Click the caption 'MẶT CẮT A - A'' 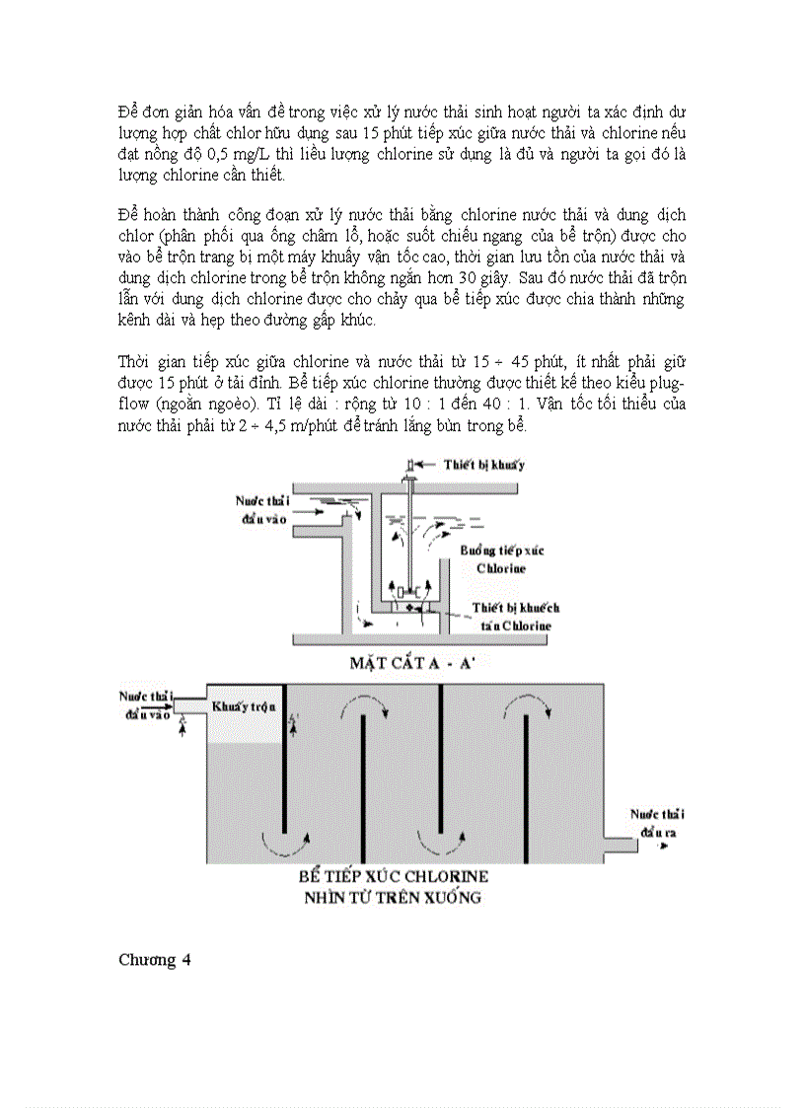pos(412,662)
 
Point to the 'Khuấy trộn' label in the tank pos(244,707)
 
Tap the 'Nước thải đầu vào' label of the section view pos(261,509)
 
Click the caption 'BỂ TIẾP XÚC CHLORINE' pos(394,876)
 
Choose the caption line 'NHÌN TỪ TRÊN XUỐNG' pos(394,897)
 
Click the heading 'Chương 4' pos(154,960)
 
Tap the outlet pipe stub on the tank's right pos(619,847)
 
